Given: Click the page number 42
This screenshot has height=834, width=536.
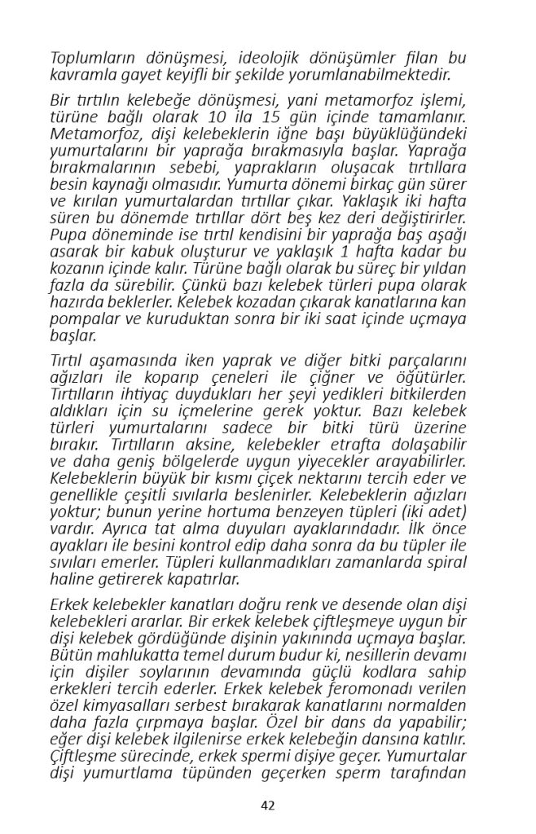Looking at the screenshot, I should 268,805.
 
